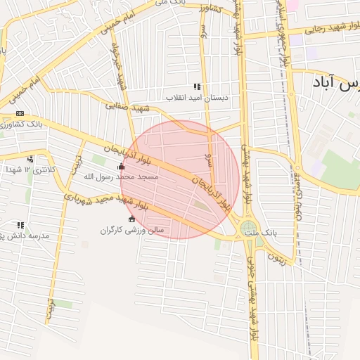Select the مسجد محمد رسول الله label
pos(122,178)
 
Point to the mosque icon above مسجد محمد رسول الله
pos(121,167)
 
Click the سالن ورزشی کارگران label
pos(131,230)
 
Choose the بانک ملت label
pos(284,231)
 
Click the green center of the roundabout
pos(248,229)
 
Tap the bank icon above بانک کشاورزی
pos(20,114)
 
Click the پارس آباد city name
pos(335,84)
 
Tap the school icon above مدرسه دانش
pos(20,226)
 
